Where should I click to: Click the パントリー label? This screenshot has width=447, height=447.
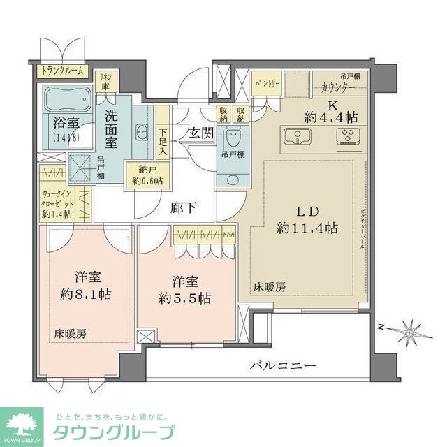click(266, 82)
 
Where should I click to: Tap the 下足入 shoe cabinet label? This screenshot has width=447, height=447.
click(162, 136)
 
